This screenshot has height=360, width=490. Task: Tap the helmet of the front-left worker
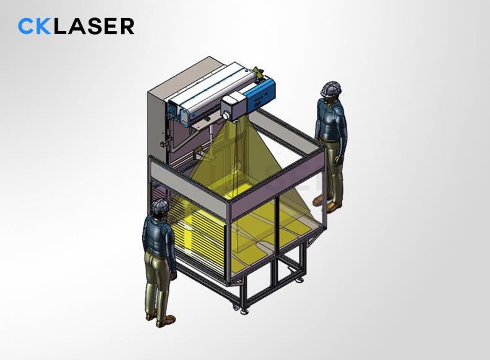pyautogui.click(x=161, y=208)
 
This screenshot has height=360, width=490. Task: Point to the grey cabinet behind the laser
pyautogui.click(x=158, y=118)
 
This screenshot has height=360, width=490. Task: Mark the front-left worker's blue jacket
pyautogui.click(x=156, y=235)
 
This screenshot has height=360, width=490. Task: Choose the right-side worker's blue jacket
pyautogui.click(x=329, y=121)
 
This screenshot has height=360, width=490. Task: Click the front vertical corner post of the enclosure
pyautogui.click(x=229, y=248)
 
